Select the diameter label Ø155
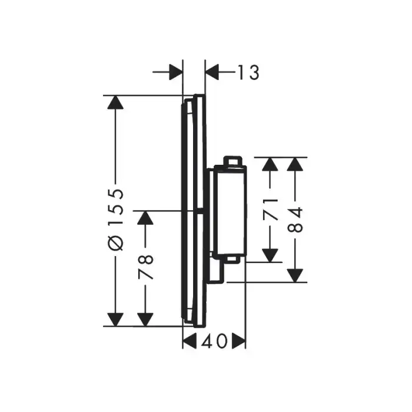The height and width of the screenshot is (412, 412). pos(117,220)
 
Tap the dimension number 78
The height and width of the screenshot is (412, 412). pos(146,267)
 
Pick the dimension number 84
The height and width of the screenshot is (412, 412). pos(297,219)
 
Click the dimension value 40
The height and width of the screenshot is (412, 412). pos(213,341)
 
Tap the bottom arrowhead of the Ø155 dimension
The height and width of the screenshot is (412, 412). pos(117,318)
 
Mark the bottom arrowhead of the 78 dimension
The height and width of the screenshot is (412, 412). pos(146,318)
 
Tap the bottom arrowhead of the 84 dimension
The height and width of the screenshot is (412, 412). pos(297,274)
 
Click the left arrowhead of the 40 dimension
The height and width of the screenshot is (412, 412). pos(190,341)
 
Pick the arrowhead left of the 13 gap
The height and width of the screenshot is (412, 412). pos(175,72)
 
